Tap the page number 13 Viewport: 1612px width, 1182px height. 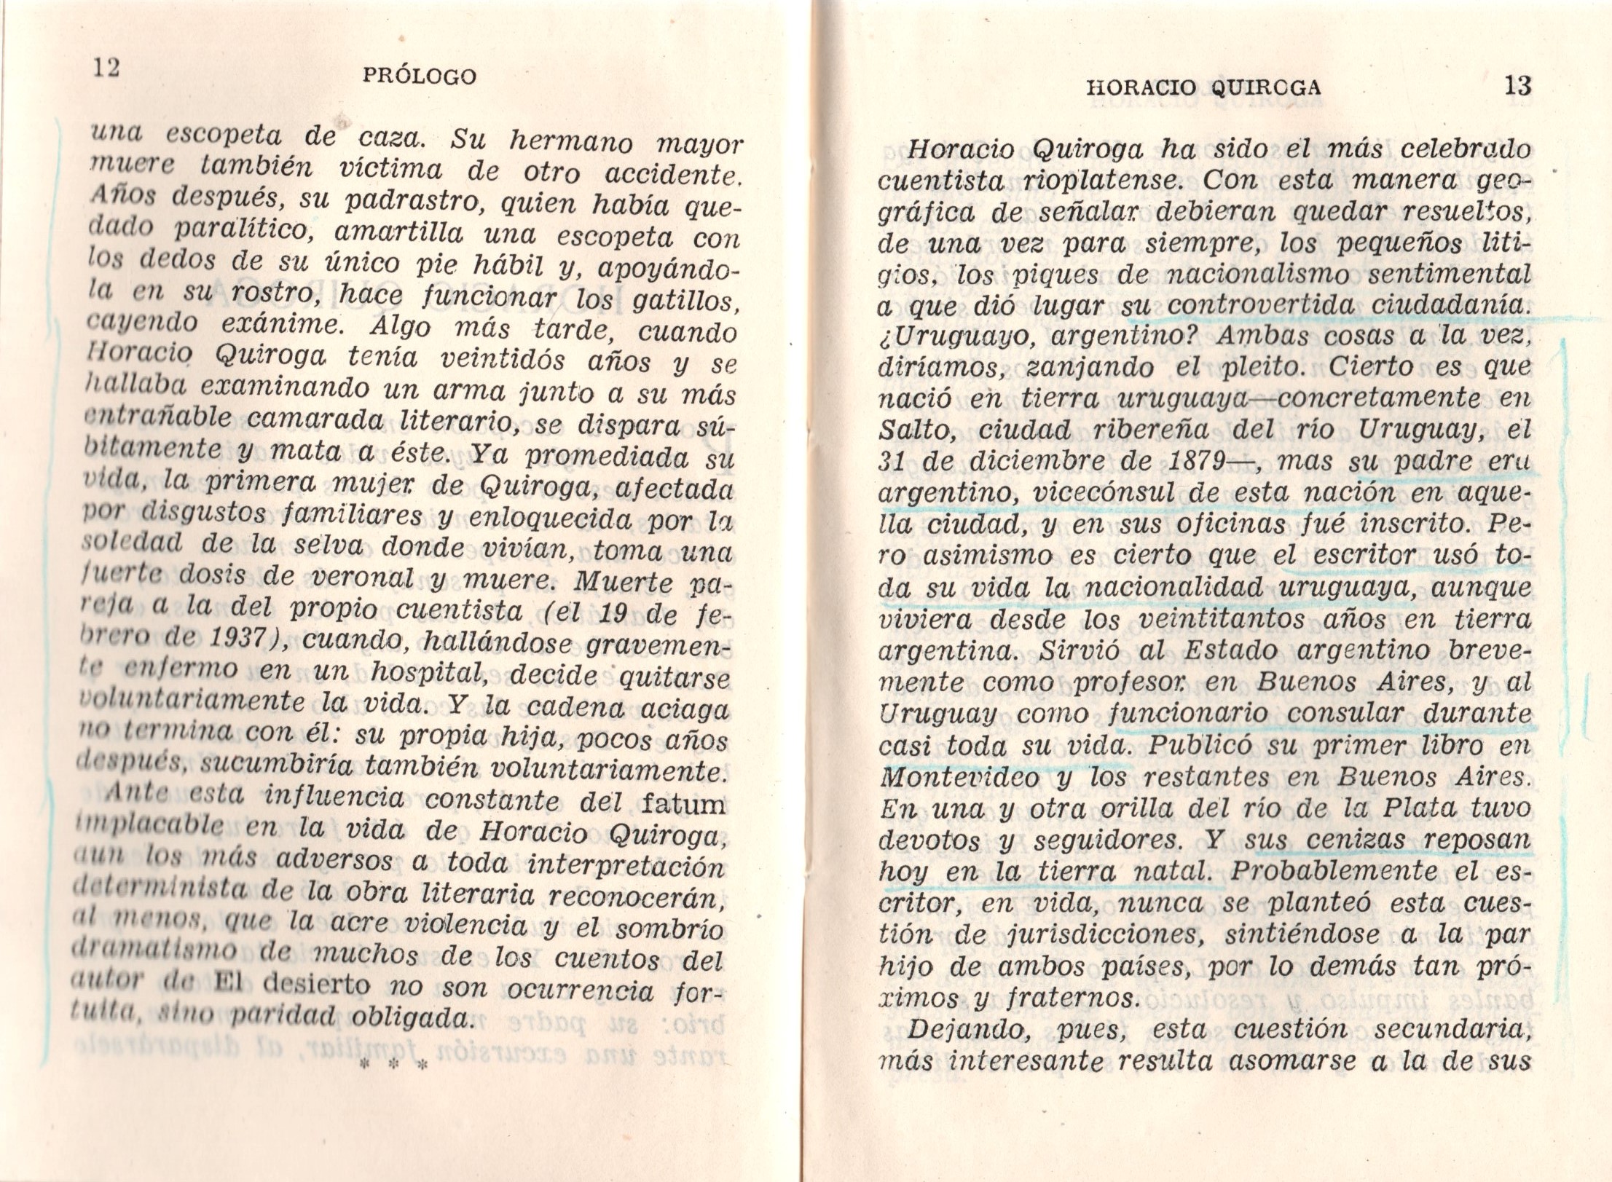1517,87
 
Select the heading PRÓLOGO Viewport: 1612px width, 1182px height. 420,76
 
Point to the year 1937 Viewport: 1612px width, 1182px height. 240,640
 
